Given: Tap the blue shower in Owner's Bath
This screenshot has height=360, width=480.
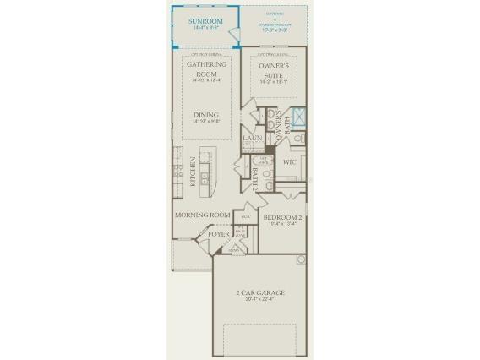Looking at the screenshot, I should click(x=297, y=117).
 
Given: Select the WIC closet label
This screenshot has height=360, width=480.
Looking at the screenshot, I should click(x=289, y=161).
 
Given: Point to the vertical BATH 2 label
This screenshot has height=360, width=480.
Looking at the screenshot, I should click(x=255, y=178).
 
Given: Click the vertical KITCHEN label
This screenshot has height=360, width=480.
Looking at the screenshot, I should click(x=194, y=172).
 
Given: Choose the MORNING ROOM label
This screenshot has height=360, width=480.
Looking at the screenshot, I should click(x=203, y=215).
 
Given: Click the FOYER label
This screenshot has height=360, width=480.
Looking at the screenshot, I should click(x=219, y=233).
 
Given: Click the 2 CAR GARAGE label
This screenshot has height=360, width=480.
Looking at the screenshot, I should click(x=259, y=293).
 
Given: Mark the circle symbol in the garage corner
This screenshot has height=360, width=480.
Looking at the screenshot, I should click(x=300, y=260).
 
